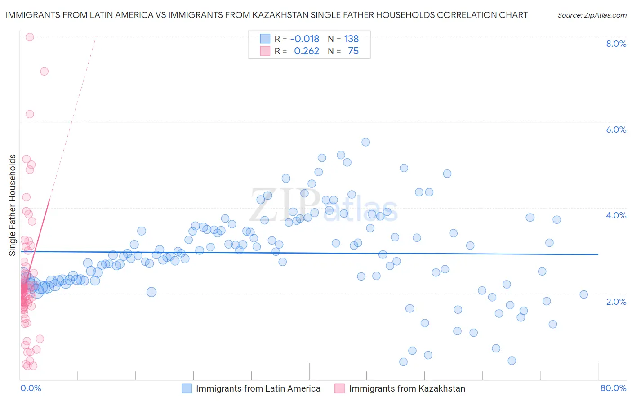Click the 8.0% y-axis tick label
[616, 44]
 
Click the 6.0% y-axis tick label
[616, 129]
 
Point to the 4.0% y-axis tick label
[616, 215]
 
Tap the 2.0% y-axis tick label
[616, 302]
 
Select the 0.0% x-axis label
[31, 388]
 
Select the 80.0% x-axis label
[613, 388]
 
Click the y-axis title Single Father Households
[13, 205]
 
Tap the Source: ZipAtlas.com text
[592, 15]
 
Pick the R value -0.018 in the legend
[305, 39]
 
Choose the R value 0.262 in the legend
[307, 51]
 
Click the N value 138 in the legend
[352, 39]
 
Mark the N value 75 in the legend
[353, 51]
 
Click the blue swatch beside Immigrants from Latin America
[187, 388]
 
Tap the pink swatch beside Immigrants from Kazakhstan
[339, 388]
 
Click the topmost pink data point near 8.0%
[30, 37]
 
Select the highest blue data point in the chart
[365, 142]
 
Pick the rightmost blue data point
[583, 294]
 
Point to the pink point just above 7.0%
[44, 71]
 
